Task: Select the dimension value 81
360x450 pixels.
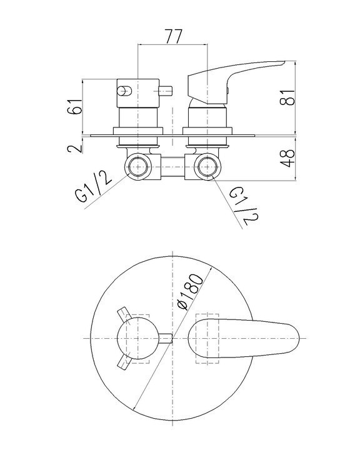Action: coord(287,98)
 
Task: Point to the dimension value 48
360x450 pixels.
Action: coord(287,158)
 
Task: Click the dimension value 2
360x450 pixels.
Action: coord(75,149)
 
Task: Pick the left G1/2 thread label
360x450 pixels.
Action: coord(94,186)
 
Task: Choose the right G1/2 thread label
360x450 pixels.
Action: coord(244,206)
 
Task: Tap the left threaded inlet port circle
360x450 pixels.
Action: coord(138,167)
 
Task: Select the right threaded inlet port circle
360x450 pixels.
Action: coord(207,167)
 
